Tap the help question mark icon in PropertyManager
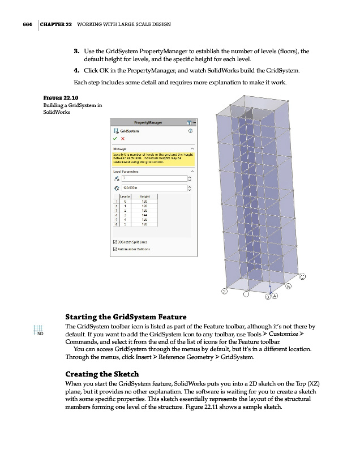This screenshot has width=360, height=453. [190, 130]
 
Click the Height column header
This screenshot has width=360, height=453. [144, 196]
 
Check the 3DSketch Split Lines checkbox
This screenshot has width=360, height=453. [115, 242]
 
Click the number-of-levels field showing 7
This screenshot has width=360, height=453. [150, 178]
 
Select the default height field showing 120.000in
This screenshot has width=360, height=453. [150, 188]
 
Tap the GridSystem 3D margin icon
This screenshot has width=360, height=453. [38, 330]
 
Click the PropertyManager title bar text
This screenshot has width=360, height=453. [145, 122]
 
